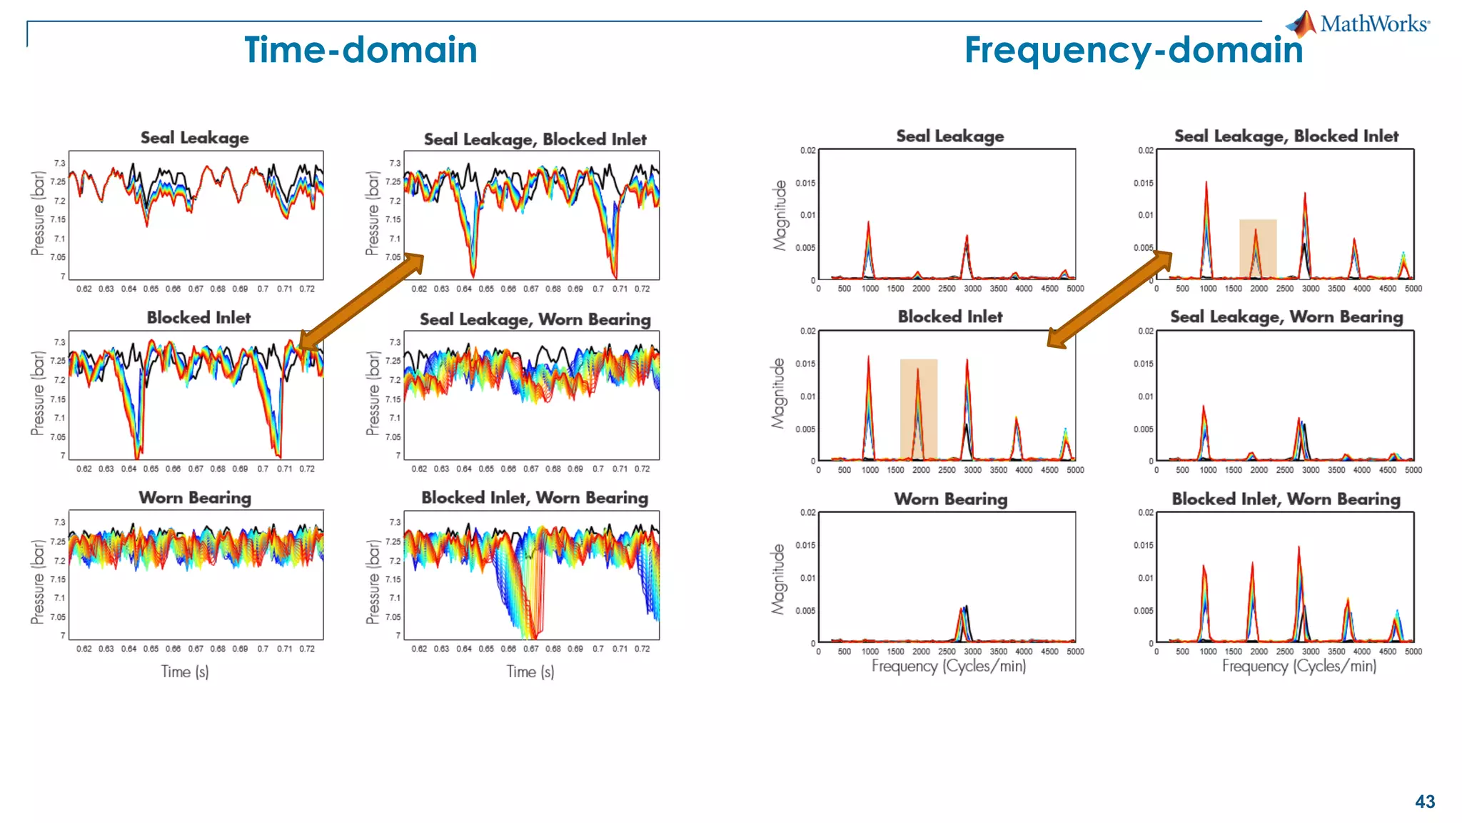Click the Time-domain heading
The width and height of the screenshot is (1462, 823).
coord(361,50)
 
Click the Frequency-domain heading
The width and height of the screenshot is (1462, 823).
coord(1133,50)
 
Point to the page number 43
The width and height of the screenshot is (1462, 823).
coord(1424,802)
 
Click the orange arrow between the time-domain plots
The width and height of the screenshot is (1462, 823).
coord(361,301)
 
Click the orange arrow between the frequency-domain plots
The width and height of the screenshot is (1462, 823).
coord(1109,299)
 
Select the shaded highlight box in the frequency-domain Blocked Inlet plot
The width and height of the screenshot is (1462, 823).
coord(918,409)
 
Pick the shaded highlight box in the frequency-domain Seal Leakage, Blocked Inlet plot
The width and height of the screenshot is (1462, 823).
coord(1257,248)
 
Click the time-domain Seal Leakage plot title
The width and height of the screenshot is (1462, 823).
coord(194,137)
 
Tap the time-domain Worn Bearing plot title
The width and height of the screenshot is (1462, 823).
coord(195,497)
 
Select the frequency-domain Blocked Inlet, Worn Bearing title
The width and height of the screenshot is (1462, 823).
coord(1286,499)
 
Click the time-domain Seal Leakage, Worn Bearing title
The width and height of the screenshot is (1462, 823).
coord(535,319)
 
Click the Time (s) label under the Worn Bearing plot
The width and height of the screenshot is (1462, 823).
coord(185,672)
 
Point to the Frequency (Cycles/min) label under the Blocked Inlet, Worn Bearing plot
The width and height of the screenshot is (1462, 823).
coord(1299,666)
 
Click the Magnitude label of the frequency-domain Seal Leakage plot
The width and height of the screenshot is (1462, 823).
coord(780,215)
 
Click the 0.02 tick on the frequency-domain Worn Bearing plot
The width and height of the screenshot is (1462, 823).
coord(807,512)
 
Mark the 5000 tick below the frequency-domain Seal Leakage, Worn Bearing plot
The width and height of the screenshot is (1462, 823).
coord(1413,470)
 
